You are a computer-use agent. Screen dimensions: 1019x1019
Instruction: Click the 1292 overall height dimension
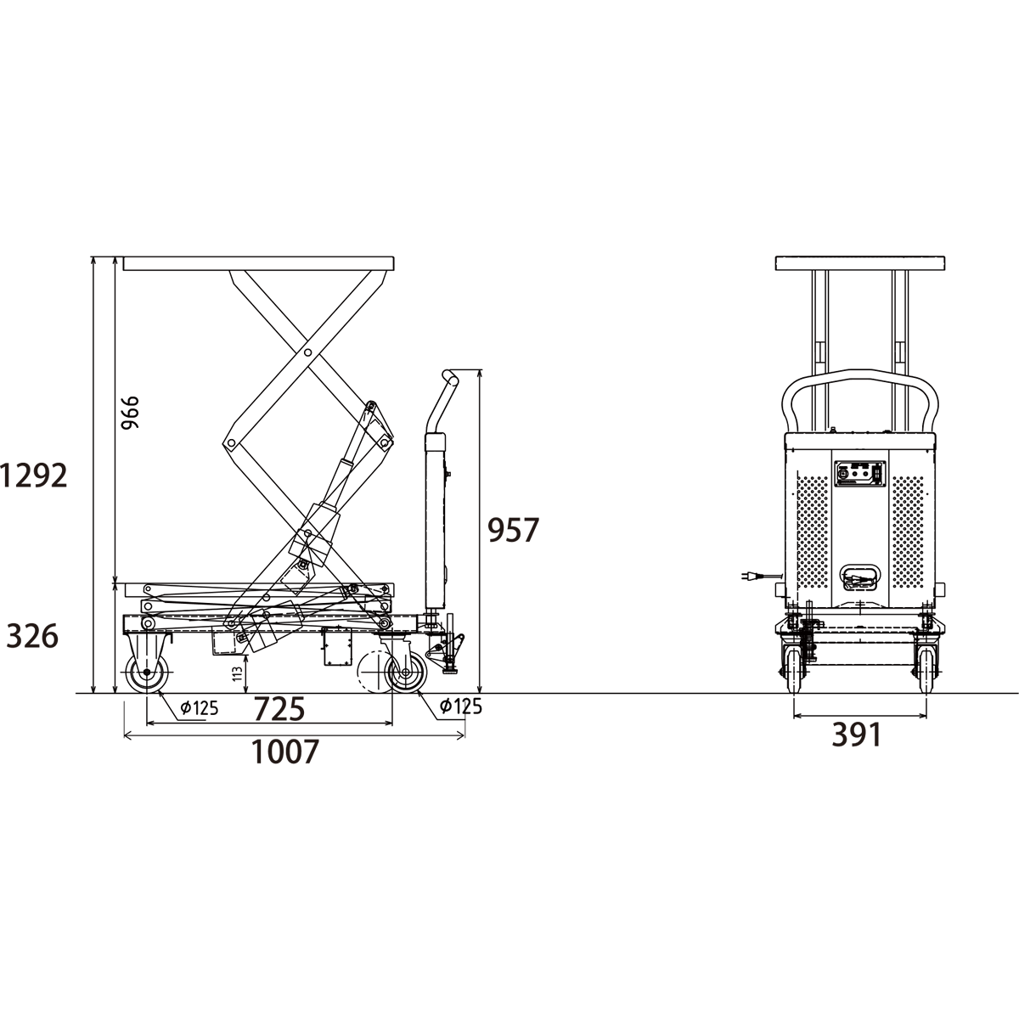[x=34, y=476]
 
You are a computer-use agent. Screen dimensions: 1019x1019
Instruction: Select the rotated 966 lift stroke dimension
[x=130, y=412]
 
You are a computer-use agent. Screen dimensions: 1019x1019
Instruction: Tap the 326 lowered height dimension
[x=32, y=636]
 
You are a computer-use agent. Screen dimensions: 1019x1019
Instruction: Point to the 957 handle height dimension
[x=513, y=530]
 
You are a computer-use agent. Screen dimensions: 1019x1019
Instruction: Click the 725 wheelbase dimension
[x=279, y=708]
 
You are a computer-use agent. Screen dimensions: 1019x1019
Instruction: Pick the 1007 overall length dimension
[x=285, y=752]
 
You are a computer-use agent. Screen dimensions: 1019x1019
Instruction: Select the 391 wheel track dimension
[x=857, y=735]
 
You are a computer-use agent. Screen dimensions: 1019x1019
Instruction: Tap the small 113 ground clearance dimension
[x=238, y=673]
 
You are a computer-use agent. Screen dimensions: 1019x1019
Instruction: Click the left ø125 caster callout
[x=199, y=707]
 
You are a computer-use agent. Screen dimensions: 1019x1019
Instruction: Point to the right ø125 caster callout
[x=461, y=705]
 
